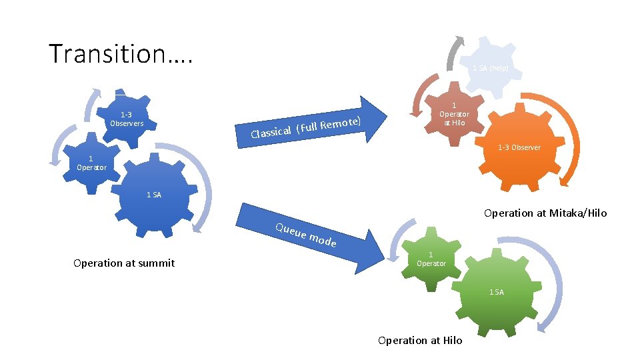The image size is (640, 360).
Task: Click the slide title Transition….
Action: (121, 53)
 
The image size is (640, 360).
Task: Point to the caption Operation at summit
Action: (124, 263)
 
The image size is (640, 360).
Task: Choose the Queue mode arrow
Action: (313, 240)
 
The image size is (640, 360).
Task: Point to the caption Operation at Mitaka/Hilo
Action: (545, 213)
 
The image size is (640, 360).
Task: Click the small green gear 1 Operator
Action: (431, 259)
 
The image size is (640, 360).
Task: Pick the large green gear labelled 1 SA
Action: (497, 291)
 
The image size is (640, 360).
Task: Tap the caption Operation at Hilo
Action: (420, 340)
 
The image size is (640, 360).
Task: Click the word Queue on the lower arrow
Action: (290, 231)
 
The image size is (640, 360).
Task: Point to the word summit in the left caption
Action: (157, 263)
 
